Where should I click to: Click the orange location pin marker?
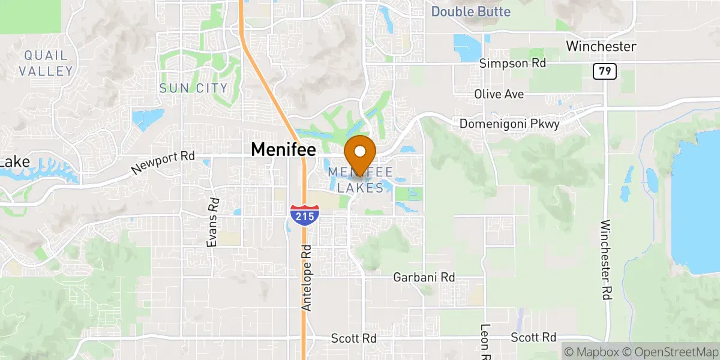pos(360,154)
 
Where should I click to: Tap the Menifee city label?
pos(283,149)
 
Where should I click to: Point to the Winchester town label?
pos(601,46)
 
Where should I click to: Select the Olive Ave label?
pos(499,94)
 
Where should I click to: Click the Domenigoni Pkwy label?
pos(509,124)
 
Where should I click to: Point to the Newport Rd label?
pos(163,163)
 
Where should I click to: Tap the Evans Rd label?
pos(211,222)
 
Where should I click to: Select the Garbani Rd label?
pos(424,277)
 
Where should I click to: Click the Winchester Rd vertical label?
pos(605,259)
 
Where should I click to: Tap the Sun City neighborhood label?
pos(193,88)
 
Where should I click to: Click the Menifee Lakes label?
pos(360,180)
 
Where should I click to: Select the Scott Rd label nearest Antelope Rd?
pos(353,338)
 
